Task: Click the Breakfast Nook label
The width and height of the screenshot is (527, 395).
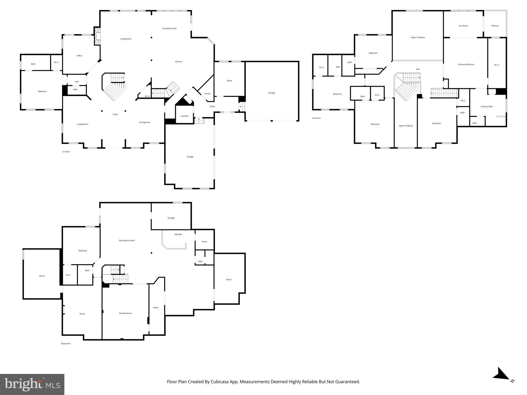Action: click(169, 29)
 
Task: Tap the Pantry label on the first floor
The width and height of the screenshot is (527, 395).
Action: click(207, 94)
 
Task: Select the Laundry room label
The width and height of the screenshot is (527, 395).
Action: click(184, 116)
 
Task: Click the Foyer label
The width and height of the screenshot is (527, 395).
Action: click(115, 114)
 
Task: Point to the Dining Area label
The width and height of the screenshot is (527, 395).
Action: click(144, 122)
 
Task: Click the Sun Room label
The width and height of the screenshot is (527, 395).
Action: click(463, 26)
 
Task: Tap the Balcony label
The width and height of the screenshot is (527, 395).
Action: click(495, 26)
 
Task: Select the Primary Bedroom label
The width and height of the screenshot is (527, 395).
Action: click(466, 65)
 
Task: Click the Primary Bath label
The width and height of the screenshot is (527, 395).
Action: click(487, 106)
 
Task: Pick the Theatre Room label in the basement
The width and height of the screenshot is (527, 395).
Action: click(125, 313)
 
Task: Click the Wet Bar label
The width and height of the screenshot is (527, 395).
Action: click(178, 235)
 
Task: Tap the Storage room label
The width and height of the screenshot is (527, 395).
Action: click(171, 218)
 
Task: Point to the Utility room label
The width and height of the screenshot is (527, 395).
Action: click(155, 308)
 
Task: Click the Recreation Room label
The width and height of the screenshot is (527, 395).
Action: click(127, 240)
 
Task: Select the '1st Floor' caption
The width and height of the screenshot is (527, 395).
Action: click(66, 152)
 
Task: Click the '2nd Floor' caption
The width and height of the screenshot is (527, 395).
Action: click(316, 118)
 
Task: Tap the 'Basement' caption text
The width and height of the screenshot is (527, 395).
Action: click(66, 344)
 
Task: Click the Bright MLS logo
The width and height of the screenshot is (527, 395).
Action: click(32, 384)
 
